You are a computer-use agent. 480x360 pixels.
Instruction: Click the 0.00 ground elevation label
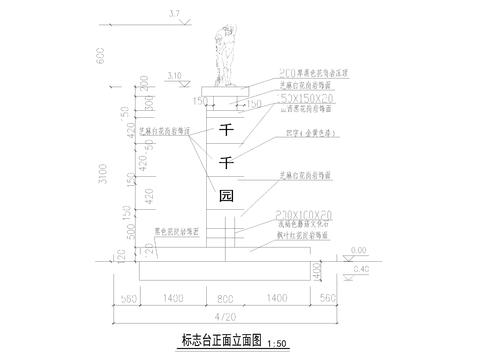(359, 251)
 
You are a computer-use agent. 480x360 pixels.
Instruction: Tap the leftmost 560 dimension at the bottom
(127, 298)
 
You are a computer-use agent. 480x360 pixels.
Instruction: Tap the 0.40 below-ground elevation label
(363, 269)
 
